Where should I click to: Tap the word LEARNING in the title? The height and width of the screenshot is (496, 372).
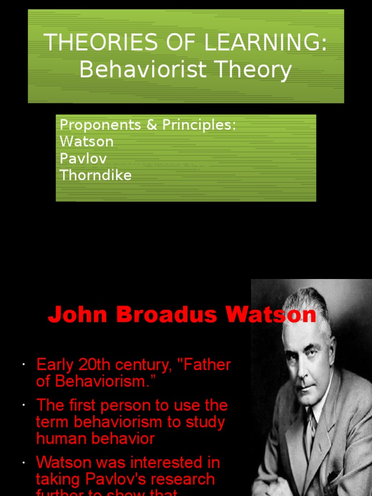(262, 44)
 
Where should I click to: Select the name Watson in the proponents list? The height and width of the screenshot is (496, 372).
(86, 141)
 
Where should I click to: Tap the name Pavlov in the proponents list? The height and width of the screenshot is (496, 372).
(83, 158)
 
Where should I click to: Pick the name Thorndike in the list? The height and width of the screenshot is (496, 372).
(95, 175)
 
